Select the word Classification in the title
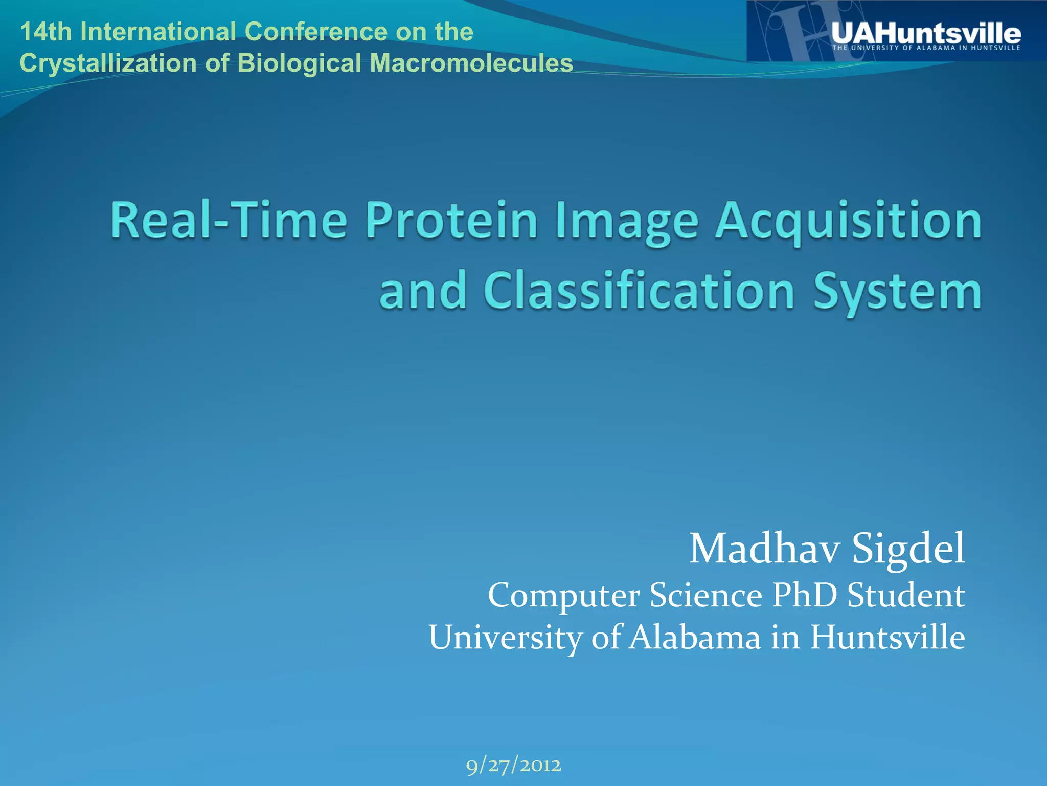click(x=639, y=290)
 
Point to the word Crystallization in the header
click(x=107, y=63)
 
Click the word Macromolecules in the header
click(x=470, y=63)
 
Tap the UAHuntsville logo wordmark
click(x=925, y=33)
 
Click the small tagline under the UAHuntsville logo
click(x=926, y=48)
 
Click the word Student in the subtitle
click(x=906, y=595)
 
